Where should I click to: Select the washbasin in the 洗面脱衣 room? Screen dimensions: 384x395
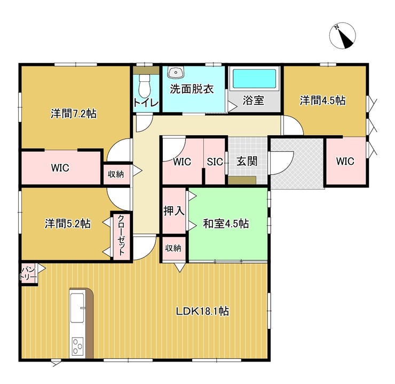176,73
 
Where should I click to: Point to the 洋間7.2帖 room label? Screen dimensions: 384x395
74,113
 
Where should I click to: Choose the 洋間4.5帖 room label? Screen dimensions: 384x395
322,100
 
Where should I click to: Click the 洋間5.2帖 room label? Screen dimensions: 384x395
67,224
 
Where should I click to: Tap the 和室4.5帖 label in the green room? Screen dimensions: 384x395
225,224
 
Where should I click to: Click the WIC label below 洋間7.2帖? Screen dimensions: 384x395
60,167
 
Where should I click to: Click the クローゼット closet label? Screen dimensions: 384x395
121,236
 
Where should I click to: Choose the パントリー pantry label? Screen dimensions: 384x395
29,274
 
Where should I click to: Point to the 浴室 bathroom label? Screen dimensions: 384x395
253,100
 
